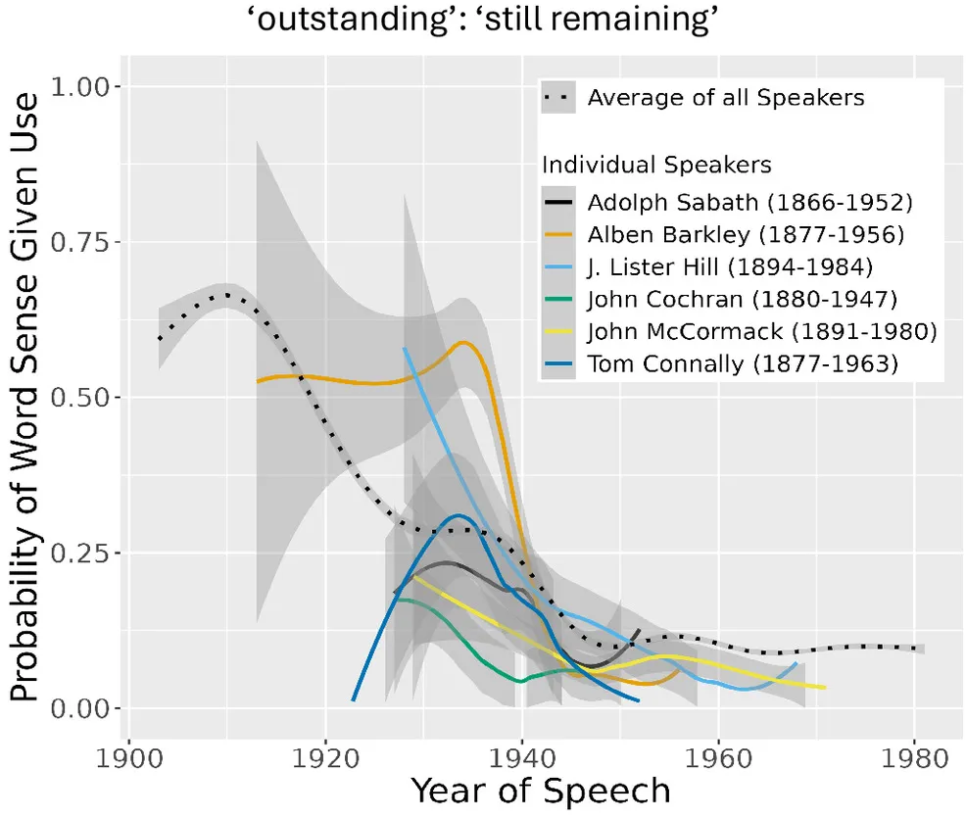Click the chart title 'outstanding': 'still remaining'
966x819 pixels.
click(x=483, y=22)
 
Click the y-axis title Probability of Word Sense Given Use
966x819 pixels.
click(x=28, y=396)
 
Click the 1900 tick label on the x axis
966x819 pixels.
click(x=128, y=759)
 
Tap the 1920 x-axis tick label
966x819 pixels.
click(x=325, y=759)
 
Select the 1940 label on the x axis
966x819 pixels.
click(x=522, y=759)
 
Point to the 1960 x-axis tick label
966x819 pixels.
click(x=719, y=759)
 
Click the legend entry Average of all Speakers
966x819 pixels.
click(x=725, y=98)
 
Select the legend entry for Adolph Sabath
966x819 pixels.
click(x=749, y=205)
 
